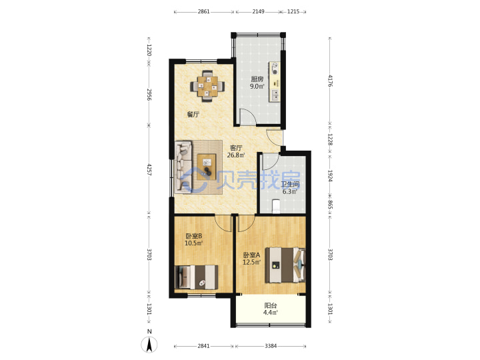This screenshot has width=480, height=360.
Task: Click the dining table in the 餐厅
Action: coord(207,86)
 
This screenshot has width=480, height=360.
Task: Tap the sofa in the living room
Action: coord(183,167)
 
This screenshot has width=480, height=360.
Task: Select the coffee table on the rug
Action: coord(206,167)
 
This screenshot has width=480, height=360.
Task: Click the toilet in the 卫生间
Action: coord(276,206)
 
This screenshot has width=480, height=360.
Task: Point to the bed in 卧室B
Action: coord(196,277)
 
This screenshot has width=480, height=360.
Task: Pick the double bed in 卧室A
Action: coord(285,265)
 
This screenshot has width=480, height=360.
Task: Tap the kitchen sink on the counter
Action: coord(275,95)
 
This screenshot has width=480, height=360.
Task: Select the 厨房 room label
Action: coord(257,79)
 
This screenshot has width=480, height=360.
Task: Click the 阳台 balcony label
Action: coord(271,305)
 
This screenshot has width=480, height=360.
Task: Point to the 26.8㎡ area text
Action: coord(236,155)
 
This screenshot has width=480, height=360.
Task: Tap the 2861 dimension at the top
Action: coord(203,11)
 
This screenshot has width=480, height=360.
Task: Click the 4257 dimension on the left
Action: coord(149,170)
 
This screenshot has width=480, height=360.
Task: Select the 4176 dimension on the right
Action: coord(330,81)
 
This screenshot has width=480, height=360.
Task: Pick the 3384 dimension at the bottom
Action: coord(271,346)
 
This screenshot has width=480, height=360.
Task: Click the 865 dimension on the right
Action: coord(330,205)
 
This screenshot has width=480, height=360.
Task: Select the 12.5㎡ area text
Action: coord(251,262)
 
